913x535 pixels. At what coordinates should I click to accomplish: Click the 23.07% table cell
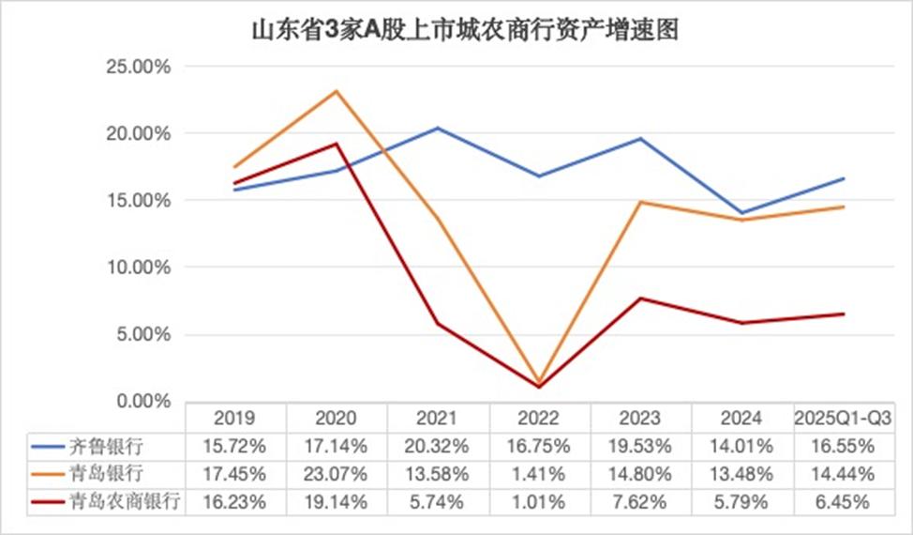coord(336,474)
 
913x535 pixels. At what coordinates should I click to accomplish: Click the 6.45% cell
coord(843,502)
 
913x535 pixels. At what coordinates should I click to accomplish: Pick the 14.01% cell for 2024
coord(741,446)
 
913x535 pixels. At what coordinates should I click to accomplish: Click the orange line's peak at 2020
coord(336,91)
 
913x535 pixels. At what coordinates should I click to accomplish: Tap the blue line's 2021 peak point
coord(437,128)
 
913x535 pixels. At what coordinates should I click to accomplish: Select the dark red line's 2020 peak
coord(336,144)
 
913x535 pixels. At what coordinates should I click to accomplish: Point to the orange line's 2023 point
coord(640,202)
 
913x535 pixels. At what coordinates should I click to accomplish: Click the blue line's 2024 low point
coord(741,213)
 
